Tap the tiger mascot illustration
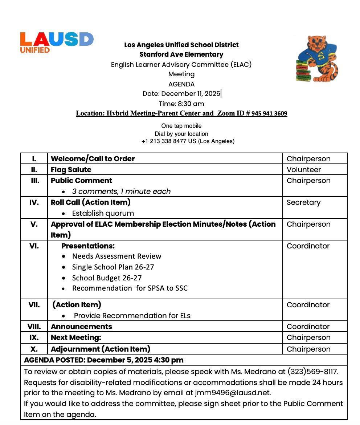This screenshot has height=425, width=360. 317,58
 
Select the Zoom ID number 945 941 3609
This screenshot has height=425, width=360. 269,114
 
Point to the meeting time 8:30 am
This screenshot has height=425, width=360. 191,104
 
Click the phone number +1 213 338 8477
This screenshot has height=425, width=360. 164,141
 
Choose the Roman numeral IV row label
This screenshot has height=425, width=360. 34,202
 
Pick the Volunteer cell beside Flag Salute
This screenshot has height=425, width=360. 303,170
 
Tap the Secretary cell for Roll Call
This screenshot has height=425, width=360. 303,202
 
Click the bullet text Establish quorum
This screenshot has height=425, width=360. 103,213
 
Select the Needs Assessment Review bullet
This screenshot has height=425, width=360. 116,256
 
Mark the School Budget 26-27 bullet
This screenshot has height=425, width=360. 107,278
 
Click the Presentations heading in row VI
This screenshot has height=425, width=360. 88,246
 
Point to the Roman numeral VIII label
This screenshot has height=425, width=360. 34,327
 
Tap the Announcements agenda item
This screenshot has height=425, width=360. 81,327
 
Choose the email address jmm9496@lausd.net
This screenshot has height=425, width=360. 232,393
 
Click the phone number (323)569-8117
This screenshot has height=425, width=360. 312,372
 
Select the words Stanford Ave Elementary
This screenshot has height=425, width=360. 181,54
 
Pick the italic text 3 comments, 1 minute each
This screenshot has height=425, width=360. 121,191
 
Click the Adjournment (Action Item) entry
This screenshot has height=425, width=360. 100,349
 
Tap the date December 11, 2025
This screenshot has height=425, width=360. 191,94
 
